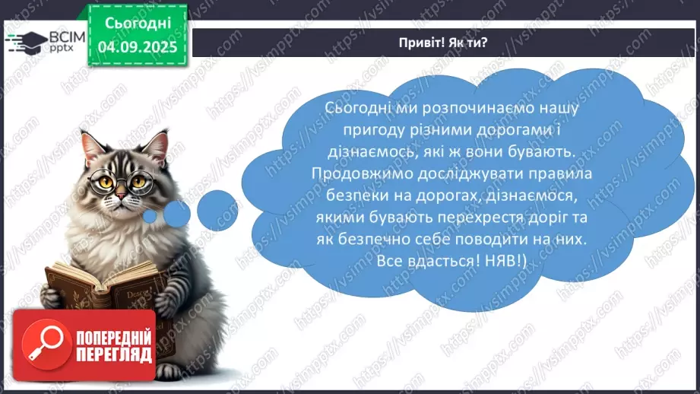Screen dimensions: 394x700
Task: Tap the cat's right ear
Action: point(157,142)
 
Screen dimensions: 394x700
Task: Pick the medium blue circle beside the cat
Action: point(176,215)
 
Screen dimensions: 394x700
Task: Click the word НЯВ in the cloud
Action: point(521,261)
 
